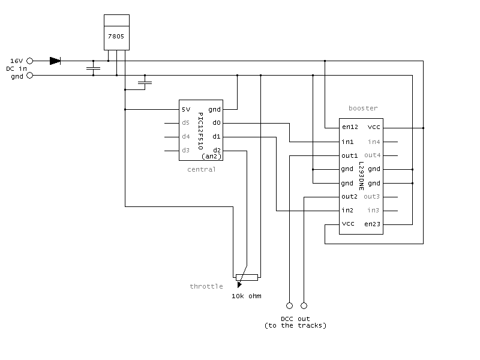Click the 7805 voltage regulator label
116,37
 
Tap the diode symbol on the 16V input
55,61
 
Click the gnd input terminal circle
31,76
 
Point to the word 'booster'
363,109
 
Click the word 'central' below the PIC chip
202,169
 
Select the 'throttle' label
206,286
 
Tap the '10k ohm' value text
247,296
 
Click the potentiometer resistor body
247,277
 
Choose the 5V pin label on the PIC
186,110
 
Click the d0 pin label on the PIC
216,123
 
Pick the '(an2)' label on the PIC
212,157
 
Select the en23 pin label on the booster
373,224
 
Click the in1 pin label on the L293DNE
347,142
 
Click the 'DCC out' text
295,319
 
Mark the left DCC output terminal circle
289,305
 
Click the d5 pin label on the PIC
186,123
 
